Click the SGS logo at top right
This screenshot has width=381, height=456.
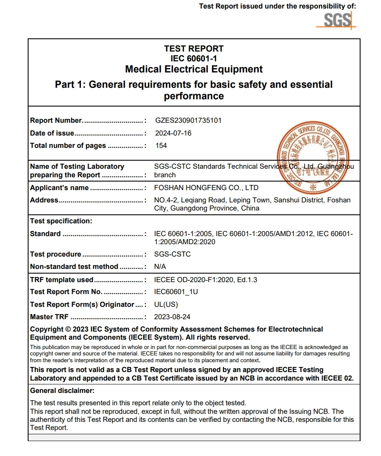coord(337,20)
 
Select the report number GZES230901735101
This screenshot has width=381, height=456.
coord(188,121)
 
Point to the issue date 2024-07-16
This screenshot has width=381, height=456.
coord(173,133)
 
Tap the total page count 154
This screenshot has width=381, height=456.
coord(161,145)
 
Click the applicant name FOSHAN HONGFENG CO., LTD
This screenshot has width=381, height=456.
coord(206,188)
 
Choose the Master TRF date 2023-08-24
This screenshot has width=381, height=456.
coord(173,317)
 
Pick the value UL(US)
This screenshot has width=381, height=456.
coord(166,304)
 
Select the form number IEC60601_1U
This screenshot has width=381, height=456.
coord(176,292)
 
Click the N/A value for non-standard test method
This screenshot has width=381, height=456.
coord(160,266)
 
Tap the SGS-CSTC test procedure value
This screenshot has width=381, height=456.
coord(173,254)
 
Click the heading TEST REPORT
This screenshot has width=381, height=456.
coord(194,49)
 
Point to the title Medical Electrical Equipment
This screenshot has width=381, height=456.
coord(194,69)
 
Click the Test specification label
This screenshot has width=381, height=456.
coord(61,221)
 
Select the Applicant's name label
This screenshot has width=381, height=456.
coord(59,188)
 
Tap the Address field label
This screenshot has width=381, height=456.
coord(44,200)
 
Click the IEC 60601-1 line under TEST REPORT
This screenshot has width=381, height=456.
coord(194,58)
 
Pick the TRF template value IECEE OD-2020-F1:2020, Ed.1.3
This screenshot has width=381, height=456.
coord(206,280)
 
